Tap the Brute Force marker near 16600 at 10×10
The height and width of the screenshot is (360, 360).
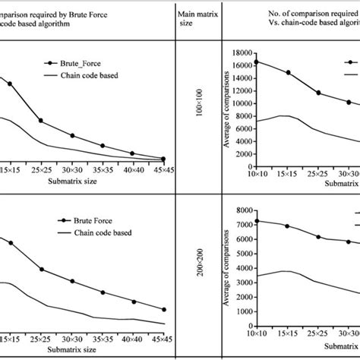coord(256,61)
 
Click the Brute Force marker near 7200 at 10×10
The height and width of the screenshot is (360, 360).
coord(256,221)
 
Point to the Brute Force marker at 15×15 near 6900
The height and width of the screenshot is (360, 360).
coord(287,226)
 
